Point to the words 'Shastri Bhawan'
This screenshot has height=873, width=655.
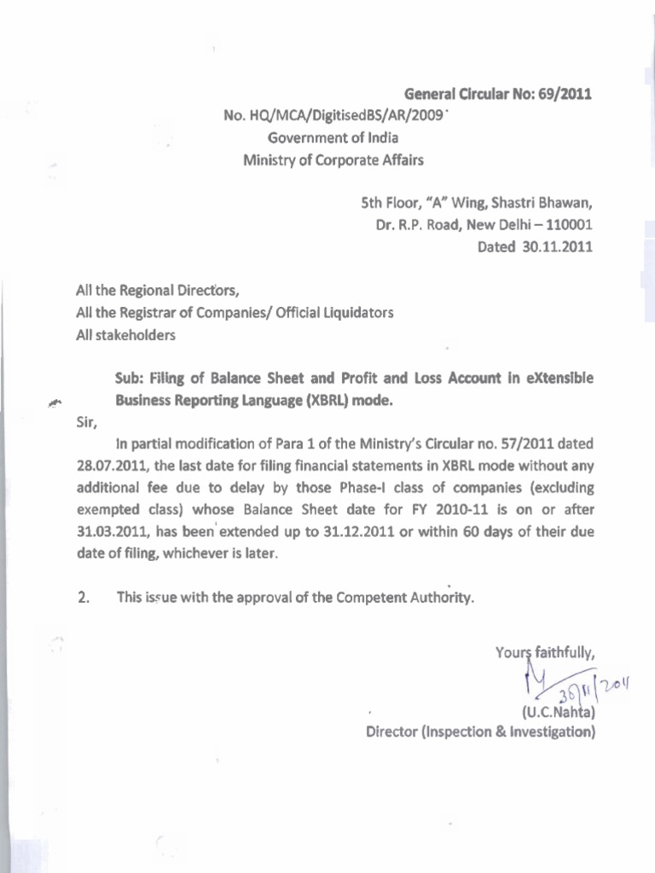click(548, 205)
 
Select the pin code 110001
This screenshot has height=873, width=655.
click(566, 226)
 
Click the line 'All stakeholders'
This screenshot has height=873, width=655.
click(125, 335)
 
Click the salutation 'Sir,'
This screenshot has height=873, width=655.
click(86, 421)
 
